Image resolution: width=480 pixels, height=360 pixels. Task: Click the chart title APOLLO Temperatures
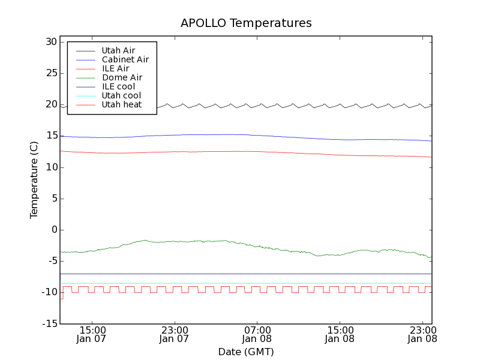[246, 23]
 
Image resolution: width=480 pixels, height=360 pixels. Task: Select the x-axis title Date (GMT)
[246, 352]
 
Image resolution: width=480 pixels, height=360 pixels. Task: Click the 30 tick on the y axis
[50, 42]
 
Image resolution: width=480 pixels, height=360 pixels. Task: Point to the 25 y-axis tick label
[50, 73]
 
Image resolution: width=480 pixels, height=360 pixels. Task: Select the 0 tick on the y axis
[53, 230]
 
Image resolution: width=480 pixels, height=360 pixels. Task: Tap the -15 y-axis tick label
[48, 323]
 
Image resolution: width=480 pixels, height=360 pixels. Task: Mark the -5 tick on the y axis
[50, 261]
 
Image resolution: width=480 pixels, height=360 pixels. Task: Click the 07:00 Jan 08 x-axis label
[257, 334]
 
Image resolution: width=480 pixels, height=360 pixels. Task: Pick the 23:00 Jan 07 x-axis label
[174, 334]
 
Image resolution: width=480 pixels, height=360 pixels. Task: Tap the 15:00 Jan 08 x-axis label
[340, 334]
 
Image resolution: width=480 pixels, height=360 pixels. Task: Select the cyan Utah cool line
[240, 283]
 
